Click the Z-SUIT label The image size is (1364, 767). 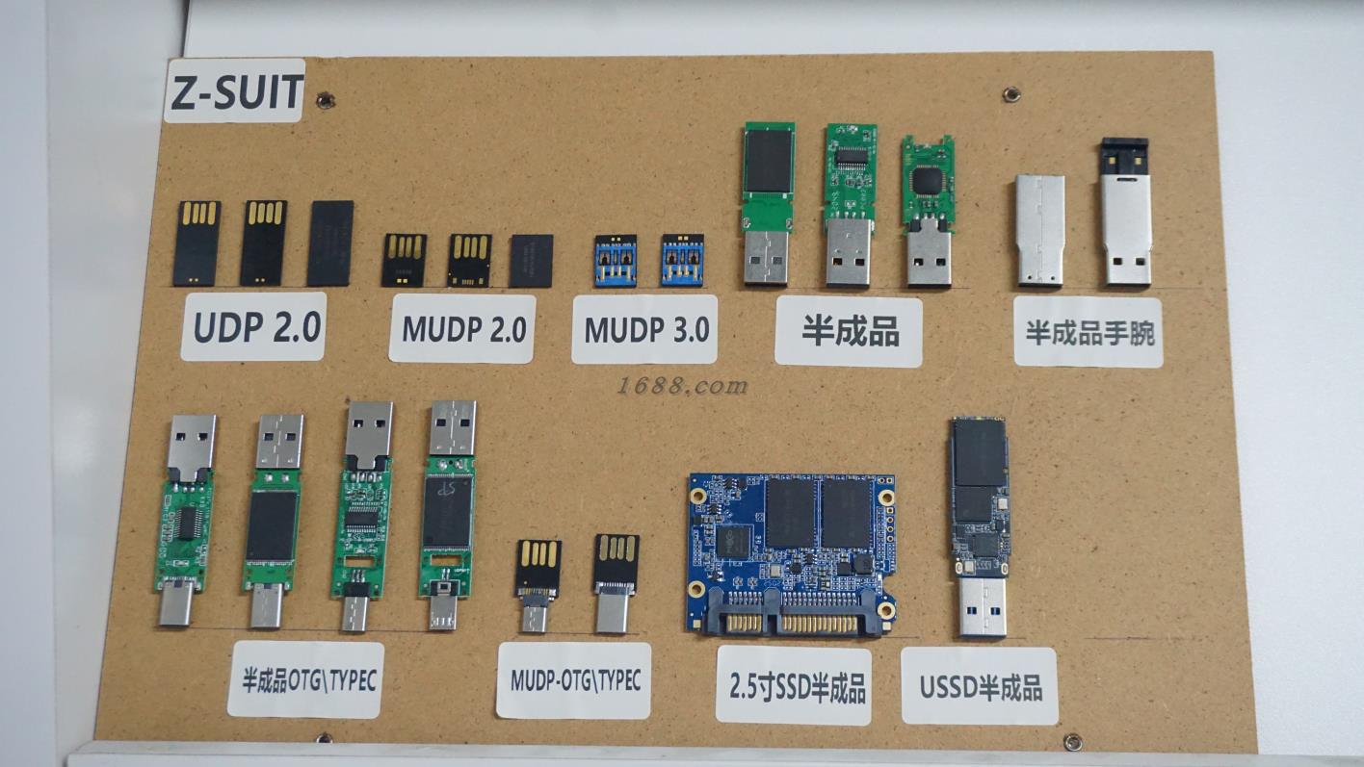point(234,91)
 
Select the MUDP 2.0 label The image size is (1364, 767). point(462,329)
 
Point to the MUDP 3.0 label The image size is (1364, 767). point(644,329)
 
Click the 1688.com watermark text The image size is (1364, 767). point(681,386)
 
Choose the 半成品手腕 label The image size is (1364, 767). point(1089,333)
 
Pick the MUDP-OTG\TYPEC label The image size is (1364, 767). point(575,680)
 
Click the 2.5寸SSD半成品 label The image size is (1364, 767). point(795,687)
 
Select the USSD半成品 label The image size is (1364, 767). point(980,687)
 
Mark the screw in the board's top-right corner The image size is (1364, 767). point(1010,94)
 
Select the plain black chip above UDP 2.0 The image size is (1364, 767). point(330,243)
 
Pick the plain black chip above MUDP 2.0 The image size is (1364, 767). point(532,260)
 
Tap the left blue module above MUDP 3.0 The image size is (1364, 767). point(615,260)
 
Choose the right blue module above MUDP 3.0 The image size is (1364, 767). point(682,260)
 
